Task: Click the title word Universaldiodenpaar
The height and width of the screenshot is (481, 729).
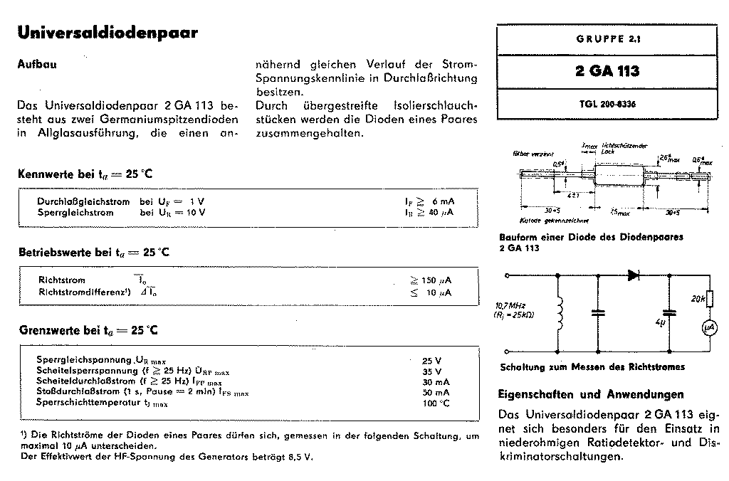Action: [107, 33]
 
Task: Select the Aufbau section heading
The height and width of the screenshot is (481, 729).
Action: [36, 63]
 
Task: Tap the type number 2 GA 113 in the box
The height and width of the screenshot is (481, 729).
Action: [607, 71]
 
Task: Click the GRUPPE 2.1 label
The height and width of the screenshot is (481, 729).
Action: [607, 41]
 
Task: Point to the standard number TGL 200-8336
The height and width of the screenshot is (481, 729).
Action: [607, 104]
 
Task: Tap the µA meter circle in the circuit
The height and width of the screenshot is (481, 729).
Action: [709, 327]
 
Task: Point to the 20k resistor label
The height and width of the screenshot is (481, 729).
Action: [698, 299]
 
